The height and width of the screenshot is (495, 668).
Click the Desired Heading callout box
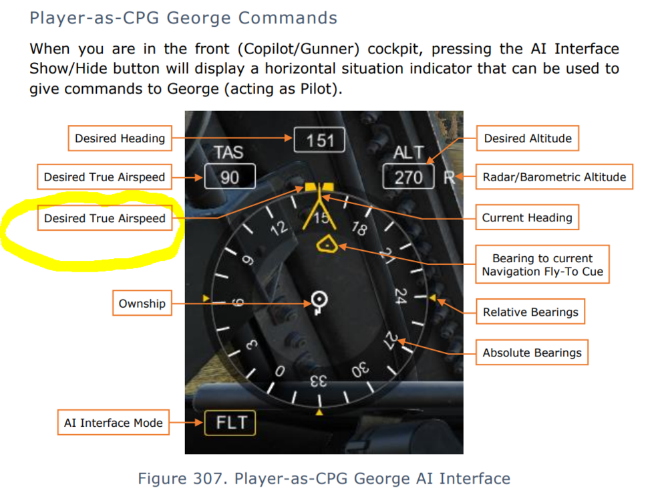click(120, 138)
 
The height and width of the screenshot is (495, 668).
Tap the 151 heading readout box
click(319, 140)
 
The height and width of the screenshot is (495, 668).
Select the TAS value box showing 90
click(230, 176)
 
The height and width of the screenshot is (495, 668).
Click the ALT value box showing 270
click(408, 176)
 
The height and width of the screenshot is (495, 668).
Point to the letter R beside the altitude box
click(449, 177)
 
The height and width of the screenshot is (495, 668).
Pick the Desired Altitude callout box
click(528, 138)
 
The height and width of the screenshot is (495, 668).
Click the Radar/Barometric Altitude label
click(554, 177)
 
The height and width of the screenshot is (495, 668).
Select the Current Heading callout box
click(527, 217)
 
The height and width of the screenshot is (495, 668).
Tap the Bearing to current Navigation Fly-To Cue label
click(542, 265)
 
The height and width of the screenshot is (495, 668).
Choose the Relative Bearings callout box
click(530, 312)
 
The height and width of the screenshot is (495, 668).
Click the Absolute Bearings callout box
click(532, 353)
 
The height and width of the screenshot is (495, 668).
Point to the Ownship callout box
click(142, 303)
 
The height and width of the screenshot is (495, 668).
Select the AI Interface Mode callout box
click(114, 423)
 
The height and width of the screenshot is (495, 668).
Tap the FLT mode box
click(230, 423)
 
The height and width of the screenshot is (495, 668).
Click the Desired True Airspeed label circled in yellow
click(105, 218)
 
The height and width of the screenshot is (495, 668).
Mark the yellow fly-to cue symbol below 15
click(327, 244)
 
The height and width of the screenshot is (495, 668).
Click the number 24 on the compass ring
click(400, 295)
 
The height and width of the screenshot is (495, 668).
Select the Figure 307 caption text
click(324, 478)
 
